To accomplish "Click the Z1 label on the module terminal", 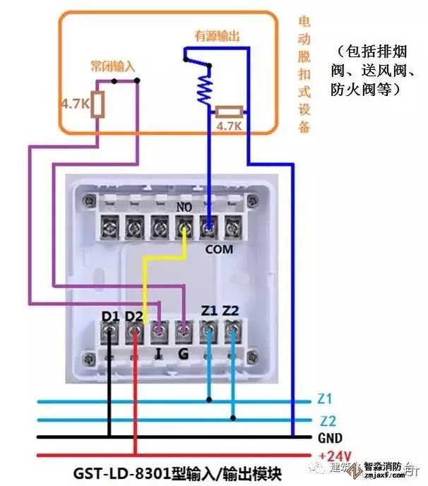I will [x=208, y=310].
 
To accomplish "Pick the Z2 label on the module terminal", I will [x=231, y=310].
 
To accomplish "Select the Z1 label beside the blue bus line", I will [x=326, y=399].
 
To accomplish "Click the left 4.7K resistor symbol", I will [x=99, y=104].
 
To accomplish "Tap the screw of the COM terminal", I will [x=208, y=227].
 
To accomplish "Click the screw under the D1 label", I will [x=111, y=330].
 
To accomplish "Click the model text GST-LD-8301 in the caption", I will [x=126, y=471].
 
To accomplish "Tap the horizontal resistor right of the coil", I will [x=230, y=111].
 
